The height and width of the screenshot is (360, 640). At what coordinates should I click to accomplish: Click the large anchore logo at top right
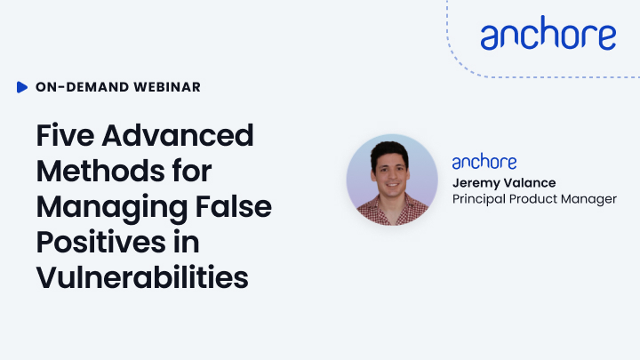click(548, 33)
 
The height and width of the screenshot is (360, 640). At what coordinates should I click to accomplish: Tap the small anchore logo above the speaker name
click(484, 162)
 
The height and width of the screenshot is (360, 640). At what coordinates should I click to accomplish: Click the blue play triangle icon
click(22, 87)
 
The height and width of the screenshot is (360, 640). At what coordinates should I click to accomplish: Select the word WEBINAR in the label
click(167, 87)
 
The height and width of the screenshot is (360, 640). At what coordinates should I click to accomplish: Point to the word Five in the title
click(65, 135)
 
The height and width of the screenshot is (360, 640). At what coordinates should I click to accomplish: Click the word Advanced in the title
click(178, 135)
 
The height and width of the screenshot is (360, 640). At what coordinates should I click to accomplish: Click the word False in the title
click(234, 206)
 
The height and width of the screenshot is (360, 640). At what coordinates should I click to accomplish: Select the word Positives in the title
click(100, 242)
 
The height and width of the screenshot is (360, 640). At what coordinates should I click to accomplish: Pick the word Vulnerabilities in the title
click(142, 277)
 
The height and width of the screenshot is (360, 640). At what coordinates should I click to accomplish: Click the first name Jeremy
click(476, 183)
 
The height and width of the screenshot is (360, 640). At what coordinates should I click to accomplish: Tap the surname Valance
click(530, 182)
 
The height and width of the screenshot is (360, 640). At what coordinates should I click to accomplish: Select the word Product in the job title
click(532, 199)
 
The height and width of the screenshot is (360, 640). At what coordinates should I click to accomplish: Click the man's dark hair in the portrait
click(389, 152)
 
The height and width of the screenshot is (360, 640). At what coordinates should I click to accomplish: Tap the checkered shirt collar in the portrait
click(392, 207)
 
